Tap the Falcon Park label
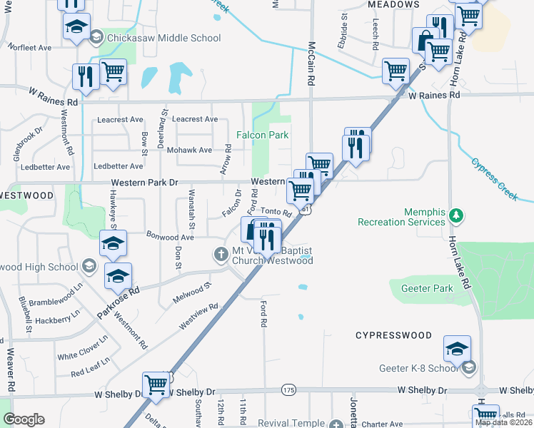pos(262,135)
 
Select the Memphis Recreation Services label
pos(404,217)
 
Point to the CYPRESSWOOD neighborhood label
pos(393,335)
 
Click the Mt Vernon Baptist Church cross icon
pos(221,253)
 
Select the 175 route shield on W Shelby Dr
pos(288,389)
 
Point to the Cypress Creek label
pos(493,180)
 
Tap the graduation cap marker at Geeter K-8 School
pos(457,349)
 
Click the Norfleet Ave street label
pos(30,48)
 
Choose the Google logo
pos(24,419)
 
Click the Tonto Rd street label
pos(276,212)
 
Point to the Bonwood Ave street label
pos(170,236)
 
